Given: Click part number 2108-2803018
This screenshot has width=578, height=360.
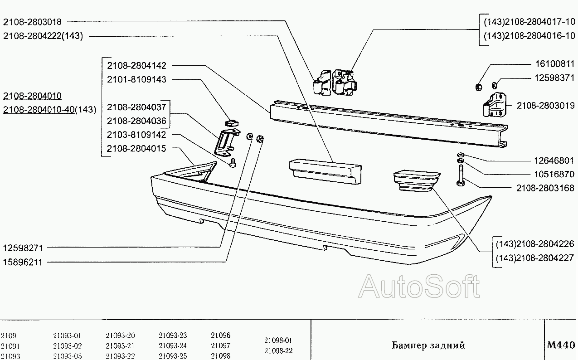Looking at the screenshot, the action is pyautogui.click(x=32, y=22).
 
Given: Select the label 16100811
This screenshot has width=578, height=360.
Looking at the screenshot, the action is pyautogui.click(x=555, y=64).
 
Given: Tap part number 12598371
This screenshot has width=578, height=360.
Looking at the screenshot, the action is pyautogui.click(x=554, y=78).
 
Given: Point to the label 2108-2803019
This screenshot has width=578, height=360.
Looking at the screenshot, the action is pyautogui.click(x=545, y=106).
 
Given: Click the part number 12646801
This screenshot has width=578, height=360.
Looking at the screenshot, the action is pyautogui.click(x=554, y=161).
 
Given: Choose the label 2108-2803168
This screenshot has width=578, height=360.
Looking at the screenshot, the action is pyautogui.click(x=545, y=188).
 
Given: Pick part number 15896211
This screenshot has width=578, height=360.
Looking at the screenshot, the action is pyautogui.click(x=23, y=262).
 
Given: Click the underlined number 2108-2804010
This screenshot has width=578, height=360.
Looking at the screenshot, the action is pyautogui.click(x=32, y=96).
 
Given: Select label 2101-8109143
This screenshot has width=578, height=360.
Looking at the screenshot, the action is pyautogui.click(x=136, y=79).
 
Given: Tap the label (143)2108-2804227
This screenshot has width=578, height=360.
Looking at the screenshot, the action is pyautogui.click(x=535, y=258).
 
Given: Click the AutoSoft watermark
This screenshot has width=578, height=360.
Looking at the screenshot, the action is pyautogui.click(x=419, y=287).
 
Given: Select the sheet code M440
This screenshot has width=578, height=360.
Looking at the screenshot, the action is pyautogui.click(x=561, y=345).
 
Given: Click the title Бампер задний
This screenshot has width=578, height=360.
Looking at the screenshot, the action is pyautogui.click(x=428, y=345).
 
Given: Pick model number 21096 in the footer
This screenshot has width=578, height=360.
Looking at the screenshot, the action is pyautogui.click(x=221, y=335).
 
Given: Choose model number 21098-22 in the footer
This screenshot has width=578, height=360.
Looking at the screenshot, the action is pyautogui.click(x=278, y=351).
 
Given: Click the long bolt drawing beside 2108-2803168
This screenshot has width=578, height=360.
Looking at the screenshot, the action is pyautogui.click(x=461, y=175).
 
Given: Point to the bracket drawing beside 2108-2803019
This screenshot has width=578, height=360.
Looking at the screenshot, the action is pyautogui.click(x=495, y=105).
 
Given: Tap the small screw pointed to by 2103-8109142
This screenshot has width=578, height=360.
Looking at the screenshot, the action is pyautogui.click(x=233, y=163).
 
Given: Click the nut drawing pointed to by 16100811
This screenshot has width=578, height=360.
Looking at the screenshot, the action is pyautogui.click(x=478, y=87).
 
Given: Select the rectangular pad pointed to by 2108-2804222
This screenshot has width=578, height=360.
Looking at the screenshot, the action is pyautogui.click(x=325, y=172).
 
